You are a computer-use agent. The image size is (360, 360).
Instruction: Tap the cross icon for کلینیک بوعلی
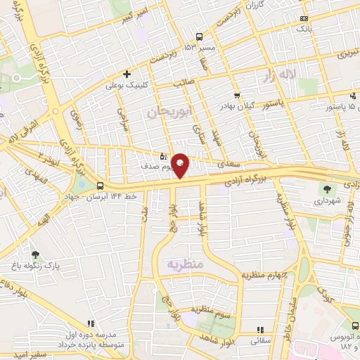coord(127,74)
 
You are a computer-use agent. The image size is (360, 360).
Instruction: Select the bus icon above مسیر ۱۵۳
coord(200,37)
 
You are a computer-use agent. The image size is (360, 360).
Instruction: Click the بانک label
coord(303,30)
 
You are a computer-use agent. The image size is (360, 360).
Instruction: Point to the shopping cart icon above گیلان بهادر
coord(237,96)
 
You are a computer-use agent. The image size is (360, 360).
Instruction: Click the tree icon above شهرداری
coord(327,188)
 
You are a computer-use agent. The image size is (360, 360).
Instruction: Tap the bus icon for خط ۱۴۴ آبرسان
coord(101,186)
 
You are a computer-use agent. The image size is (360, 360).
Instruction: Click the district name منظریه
coord(184,264)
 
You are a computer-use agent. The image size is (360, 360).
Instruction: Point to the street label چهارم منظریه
coord(265,274)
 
